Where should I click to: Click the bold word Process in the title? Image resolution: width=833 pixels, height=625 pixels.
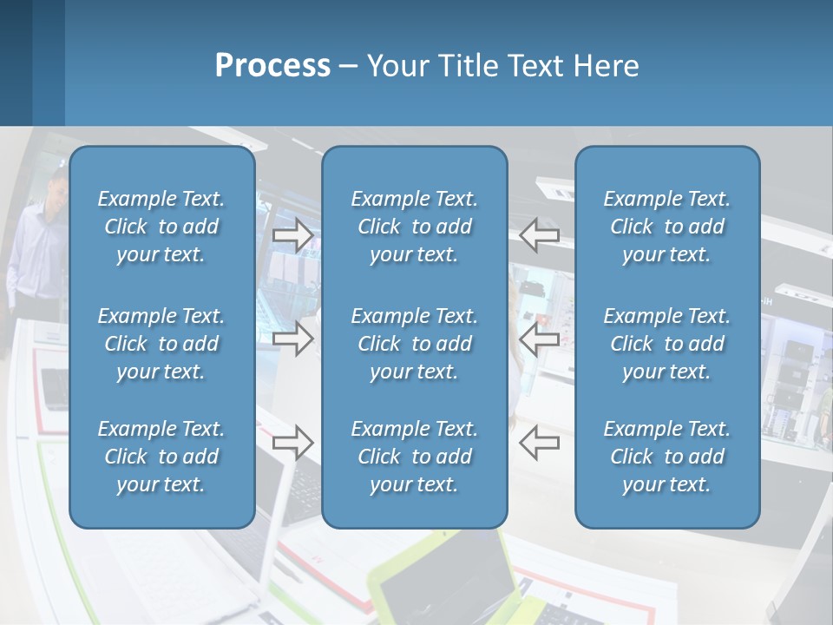272,66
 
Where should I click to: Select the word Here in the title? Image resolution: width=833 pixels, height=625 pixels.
605,66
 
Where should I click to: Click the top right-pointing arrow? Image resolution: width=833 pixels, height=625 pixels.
292,235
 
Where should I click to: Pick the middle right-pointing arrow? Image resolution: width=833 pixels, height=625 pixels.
292,339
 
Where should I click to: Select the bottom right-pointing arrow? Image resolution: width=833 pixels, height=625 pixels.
292,443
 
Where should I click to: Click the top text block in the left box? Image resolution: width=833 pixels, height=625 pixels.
161,227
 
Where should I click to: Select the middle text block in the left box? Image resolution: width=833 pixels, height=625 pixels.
161,344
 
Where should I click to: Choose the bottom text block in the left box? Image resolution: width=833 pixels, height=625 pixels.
161,457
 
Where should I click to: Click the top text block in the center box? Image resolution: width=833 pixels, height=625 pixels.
415,227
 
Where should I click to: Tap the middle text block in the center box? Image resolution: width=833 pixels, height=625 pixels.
415,344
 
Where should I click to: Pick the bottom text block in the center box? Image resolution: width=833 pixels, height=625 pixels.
415,457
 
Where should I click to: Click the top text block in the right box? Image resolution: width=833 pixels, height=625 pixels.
667,227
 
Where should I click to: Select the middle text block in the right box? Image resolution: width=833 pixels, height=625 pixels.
667,344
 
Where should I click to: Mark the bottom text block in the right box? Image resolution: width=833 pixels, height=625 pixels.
667,457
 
